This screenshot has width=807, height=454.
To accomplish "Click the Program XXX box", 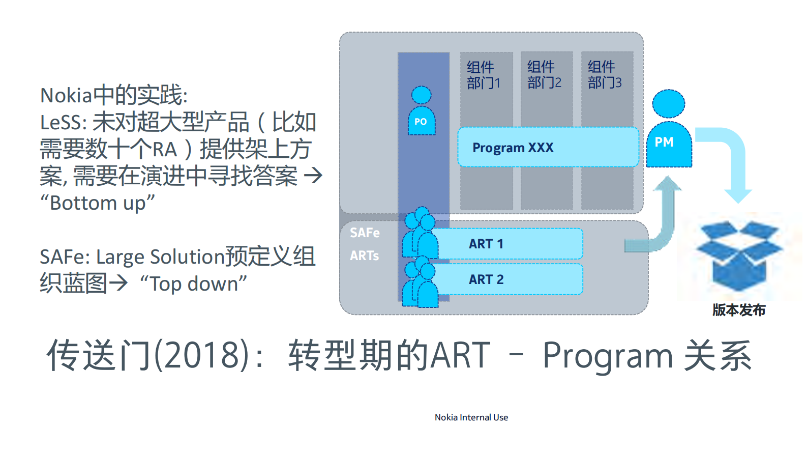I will pyautogui.click(x=548, y=147).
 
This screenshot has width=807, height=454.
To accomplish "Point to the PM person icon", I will pyautogui.click(x=669, y=130).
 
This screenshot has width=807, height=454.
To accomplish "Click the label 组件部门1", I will pyautogui.click(x=483, y=75).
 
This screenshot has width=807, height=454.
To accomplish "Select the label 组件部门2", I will pyautogui.click(x=544, y=75).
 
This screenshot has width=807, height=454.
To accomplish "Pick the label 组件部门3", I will pyautogui.click(x=604, y=75).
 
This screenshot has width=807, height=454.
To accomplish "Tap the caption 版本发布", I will pyautogui.click(x=738, y=310).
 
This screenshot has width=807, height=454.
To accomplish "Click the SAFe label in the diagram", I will pyautogui.click(x=365, y=233).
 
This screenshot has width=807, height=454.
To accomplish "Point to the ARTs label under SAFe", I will pyautogui.click(x=364, y=256).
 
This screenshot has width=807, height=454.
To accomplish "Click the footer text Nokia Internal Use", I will pyautogui.click(x=471, y=417).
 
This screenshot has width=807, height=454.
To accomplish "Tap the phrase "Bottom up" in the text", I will pyautogui.click(x=97, y=203).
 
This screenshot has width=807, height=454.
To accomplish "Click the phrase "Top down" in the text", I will pyautogui.click(x=193, y=283).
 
